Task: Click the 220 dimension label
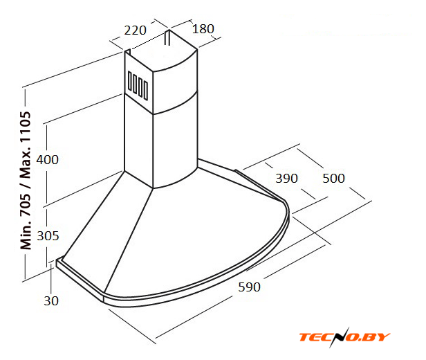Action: coord(136,30)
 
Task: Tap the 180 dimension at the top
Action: coord(203,29)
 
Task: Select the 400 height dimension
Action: coord(47,160)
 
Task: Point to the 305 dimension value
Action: coord(48,236)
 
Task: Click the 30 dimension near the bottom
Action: coord(51,301)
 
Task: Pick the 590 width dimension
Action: coord(249,287)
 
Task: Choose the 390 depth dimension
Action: coord(286,179)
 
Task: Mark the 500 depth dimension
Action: coord(333,179)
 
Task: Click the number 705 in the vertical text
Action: coord(26,204)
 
